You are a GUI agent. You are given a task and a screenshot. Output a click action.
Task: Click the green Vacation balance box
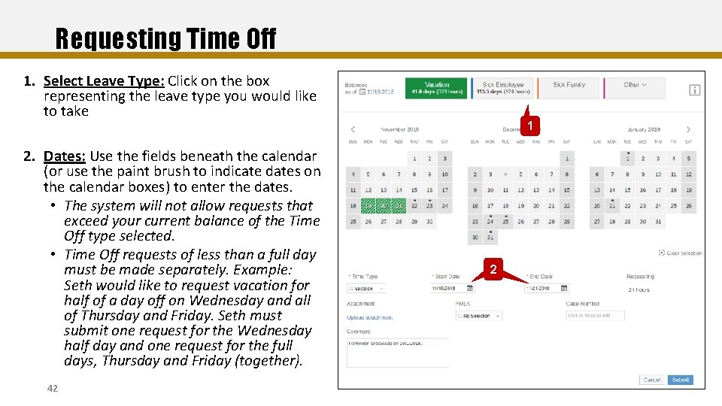pos(437,88)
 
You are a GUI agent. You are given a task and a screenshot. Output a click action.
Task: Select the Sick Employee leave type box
pos(502,88)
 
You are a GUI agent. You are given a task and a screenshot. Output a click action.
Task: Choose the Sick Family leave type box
pos(569,86)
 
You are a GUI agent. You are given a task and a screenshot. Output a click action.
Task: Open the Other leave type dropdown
pos(634,85)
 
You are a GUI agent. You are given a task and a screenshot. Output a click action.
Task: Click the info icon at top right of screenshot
pos(694,90)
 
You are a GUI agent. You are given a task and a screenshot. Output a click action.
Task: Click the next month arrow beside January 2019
pos(688,129)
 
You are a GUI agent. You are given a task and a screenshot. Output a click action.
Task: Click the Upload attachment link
pos(370,317)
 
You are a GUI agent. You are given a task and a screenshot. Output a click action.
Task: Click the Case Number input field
pos(595,316)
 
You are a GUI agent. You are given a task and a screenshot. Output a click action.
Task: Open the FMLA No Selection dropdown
pos(474,316)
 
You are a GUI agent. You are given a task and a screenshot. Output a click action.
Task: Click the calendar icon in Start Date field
pos(470,288)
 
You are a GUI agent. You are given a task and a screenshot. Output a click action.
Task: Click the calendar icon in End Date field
pos(563,288)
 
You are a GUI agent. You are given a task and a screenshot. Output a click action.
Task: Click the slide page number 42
pos(52,388)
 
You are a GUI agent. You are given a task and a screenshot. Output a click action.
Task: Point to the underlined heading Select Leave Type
pos(104,81)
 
